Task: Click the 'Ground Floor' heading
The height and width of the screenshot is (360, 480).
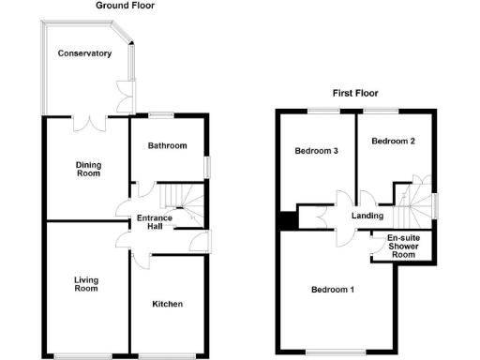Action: pyautogui.click(x=126, y=6)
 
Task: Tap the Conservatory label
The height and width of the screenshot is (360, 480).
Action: pyautogui.click(x=85, y=53)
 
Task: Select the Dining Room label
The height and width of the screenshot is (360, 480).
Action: pyautogui.click(x=88, y=169)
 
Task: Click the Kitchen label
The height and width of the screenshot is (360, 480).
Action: pyautogui.click(x=167, y=304)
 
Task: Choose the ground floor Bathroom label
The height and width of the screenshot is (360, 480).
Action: pyautogui.click(x=167, y=145)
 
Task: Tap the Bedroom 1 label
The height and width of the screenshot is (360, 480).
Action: pyautogui.click(x=332, y=289)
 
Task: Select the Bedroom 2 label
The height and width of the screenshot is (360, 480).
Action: pyautogui.click(x=394, y=142)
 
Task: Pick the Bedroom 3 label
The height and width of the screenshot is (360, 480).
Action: pyautogui.click(x=316, y=151)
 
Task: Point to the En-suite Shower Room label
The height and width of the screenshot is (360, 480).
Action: pyautogui.click(x=402, y=246)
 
